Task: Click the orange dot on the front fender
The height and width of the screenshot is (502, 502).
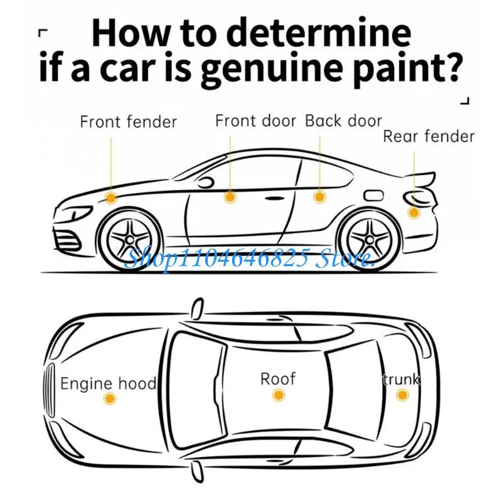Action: (111, 198)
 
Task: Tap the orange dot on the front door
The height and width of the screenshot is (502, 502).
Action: (230, 197)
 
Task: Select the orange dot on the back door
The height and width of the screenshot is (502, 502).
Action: (319, 196)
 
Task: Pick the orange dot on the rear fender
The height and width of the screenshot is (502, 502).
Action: (414, 212)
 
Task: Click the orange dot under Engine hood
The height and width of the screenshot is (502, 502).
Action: (110, 398)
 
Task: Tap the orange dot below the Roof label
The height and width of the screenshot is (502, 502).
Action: (279, 395)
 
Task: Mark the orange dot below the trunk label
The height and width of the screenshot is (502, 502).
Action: (402, 395)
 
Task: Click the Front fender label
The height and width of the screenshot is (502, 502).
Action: (129, 122)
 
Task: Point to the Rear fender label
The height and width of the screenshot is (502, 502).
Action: (429, 136)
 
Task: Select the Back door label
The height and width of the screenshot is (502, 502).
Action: (343, 121)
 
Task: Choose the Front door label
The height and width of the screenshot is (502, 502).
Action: (256, 121)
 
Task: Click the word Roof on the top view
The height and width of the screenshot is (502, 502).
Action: (278, 379)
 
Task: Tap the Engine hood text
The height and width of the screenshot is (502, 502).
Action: (108, 383)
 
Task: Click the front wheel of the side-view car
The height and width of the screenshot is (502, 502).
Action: (131, 239)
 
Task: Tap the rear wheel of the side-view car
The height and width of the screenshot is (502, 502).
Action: (370, 239)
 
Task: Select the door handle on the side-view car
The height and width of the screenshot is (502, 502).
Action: (274, 198)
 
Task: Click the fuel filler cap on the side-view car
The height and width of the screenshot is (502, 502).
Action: (373, 195)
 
